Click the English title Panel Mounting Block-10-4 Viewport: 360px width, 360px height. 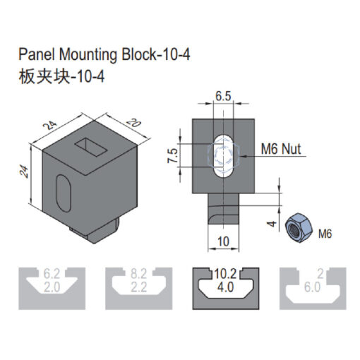point(104,55)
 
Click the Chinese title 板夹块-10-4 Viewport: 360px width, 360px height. point(61,77)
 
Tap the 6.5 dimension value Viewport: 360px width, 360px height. point(223,96)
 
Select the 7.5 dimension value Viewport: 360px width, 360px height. point(172,155)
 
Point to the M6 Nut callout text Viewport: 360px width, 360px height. point(281,149)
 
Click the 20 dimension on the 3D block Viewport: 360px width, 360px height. point(133,123)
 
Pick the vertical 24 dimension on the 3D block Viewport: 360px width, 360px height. point(24,171)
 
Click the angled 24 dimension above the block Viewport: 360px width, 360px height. point(50,125)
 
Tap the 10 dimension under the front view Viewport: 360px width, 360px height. point(223,241)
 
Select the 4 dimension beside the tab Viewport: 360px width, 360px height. point(272,224)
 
